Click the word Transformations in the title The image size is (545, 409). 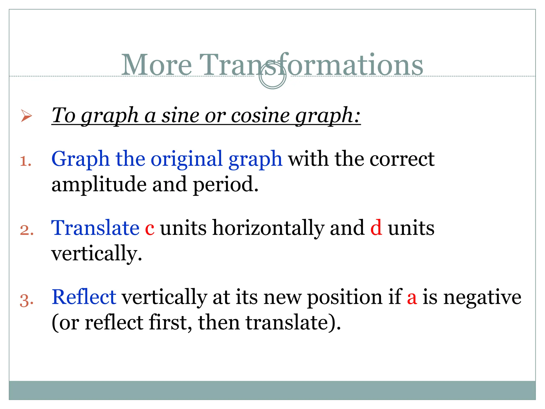311,65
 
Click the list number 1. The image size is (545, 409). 26,161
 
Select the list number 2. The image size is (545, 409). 27,230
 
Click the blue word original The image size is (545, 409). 187,159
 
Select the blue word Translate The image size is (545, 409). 95,228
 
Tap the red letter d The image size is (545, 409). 376,228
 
